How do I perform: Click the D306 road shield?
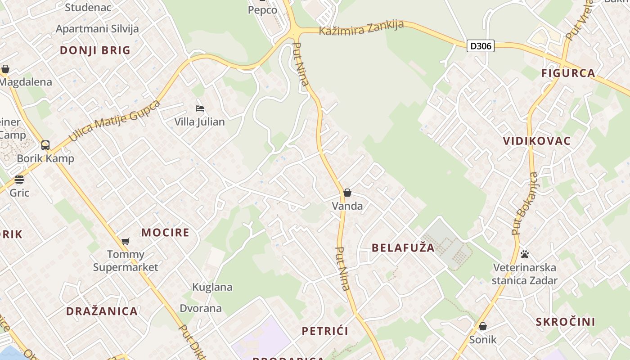480,46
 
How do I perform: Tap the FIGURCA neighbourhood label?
568,73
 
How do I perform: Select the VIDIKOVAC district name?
536,141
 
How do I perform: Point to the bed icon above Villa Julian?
200,108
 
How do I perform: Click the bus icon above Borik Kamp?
45,145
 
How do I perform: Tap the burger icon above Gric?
19,180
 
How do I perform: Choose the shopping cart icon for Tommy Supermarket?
126,242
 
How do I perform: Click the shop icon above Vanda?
347,193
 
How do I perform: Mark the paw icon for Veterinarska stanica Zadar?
524,254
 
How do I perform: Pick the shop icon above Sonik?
483,326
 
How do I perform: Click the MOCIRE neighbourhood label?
165,233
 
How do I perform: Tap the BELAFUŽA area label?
403,247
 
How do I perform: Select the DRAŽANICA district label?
102,311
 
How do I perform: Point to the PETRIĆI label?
325,331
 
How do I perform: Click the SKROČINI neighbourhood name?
565,322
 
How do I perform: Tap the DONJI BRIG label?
95,50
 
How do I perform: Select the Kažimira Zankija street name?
361,28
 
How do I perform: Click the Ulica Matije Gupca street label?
115,121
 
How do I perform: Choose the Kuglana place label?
212,287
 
